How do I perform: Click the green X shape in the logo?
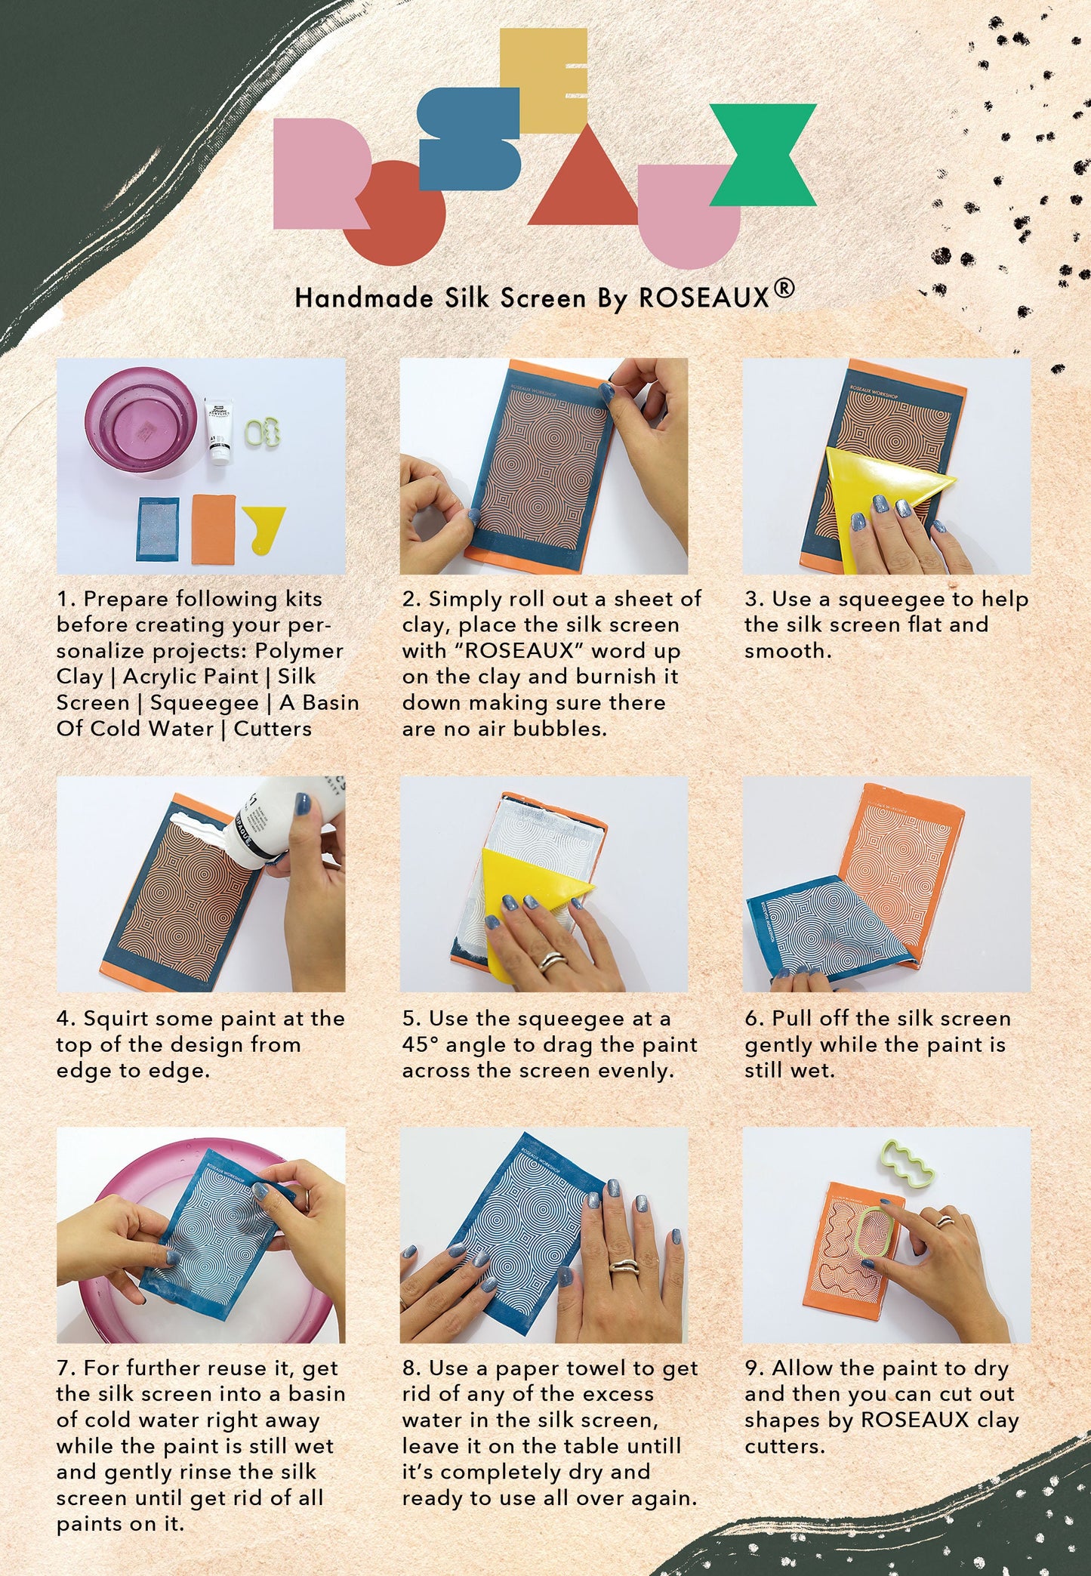click(x=763, y=155)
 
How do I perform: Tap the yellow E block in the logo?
click(x=544, y=79)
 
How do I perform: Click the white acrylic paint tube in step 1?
click(x=218, y=430)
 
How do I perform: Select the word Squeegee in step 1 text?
click(x=204, y=703)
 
